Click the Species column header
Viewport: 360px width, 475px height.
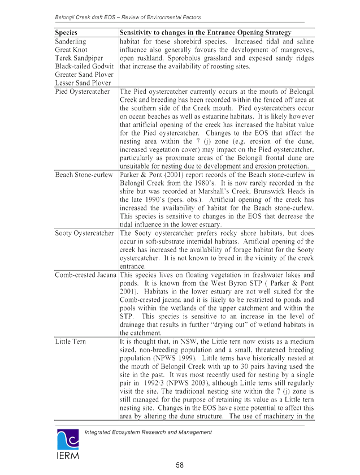[x=66, y=33]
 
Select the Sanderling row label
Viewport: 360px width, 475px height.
[x=70, y=41]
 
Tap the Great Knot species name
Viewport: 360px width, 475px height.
[x=71, y=50]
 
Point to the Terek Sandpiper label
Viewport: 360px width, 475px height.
[x=79, y=58]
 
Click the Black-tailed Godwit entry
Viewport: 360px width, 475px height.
[x=84, y=66]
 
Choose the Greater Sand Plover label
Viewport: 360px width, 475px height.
[x=84, y=75]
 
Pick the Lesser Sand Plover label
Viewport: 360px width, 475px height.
[x=83, y=83]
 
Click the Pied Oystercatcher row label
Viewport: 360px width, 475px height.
[x=82, y=92]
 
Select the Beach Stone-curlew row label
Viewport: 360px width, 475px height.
[x=84, y=175]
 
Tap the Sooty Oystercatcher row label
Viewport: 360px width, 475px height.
[x=84, y=233]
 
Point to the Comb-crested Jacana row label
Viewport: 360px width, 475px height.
[x=85, y=275]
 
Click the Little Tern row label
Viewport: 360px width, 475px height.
[x=70, y=342]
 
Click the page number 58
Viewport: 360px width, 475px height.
[x=180, y=465]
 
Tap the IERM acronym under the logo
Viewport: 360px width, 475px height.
[x=68, y=455]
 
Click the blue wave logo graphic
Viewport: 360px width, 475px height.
[x=68, y=439]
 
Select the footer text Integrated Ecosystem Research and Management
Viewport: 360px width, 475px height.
[x=148, y=432]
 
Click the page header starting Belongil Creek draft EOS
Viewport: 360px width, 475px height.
[x=128, y=18]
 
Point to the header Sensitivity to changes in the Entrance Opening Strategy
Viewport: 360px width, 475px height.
[x=205, y=33]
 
